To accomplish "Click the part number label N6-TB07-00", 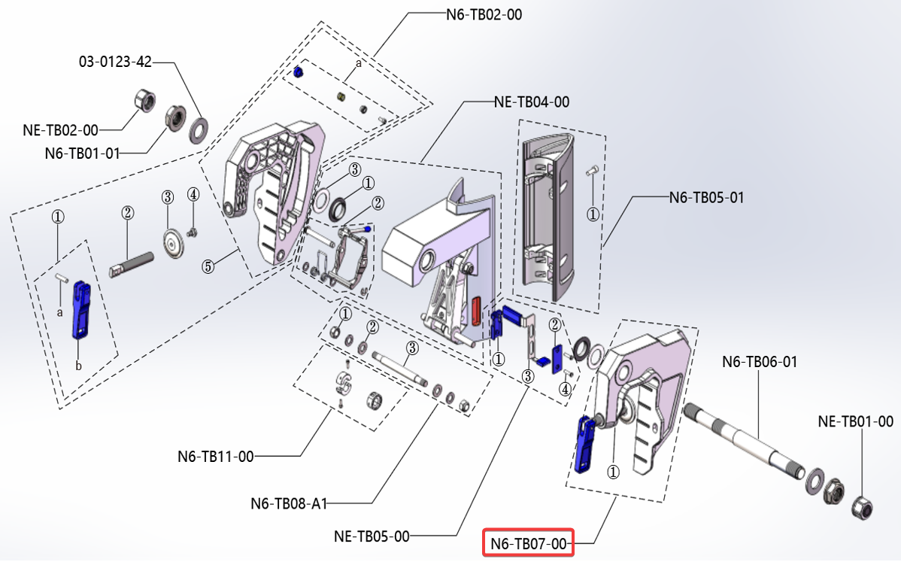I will coord(527,543).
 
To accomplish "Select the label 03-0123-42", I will coord(115,62).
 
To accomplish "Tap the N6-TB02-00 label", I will coord(484,14).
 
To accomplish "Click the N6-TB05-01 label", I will coord(706,198).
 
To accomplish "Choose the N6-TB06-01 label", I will coord(760,362).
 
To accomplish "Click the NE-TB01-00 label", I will coord(855,421).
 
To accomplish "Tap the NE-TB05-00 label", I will coord(372,536).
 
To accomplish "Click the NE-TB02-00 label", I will coord(60,129).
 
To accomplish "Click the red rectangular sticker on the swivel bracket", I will coord(475,309).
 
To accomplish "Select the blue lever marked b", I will coord(80,309).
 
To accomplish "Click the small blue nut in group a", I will coord(296,72).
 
